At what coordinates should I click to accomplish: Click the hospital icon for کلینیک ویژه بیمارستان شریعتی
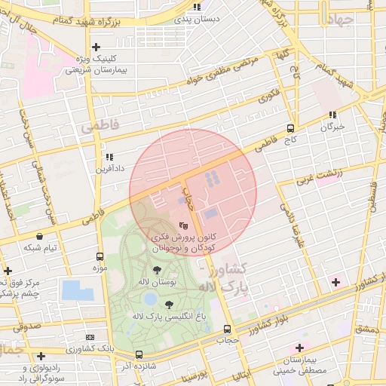[96, 47]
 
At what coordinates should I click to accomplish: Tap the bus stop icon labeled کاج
[291, 128]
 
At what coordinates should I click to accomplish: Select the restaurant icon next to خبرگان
[332, 115]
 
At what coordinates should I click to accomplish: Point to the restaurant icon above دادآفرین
[109, 157]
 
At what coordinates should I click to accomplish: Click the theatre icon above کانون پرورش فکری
[182, 225]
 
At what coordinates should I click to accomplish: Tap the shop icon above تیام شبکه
[39, 236]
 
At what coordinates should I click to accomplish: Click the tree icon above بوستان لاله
[157, 269]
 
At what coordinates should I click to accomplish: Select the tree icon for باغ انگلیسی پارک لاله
[167, 305]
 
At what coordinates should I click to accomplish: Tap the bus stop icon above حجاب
[227, 329]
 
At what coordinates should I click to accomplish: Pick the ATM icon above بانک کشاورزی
[90, 337]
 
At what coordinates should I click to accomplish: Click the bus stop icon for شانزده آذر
[139, 354]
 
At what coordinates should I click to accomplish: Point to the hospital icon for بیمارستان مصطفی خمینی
[299, 348]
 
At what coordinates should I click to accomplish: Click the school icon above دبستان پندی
[197, 7]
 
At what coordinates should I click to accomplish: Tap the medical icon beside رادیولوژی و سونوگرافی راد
[41, 356]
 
